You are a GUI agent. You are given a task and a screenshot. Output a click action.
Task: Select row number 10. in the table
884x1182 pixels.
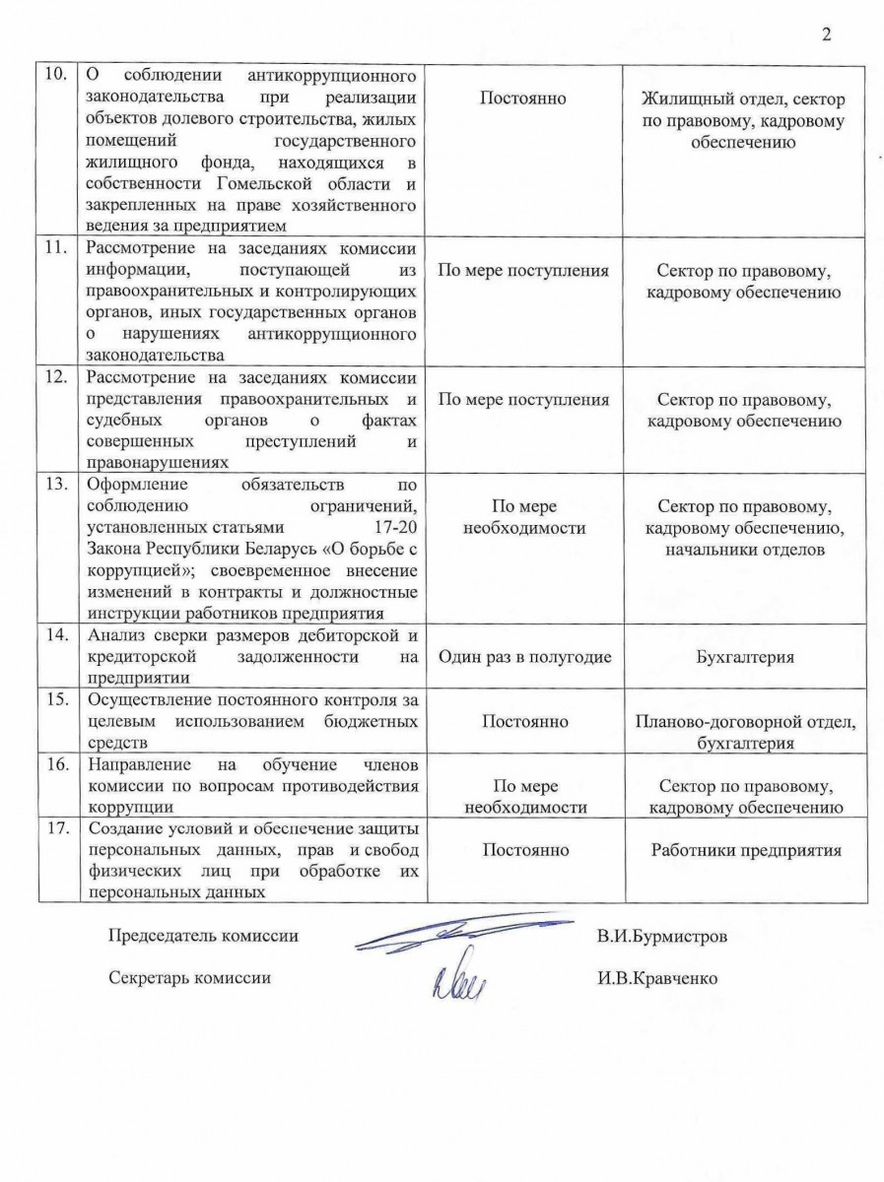(58, 76)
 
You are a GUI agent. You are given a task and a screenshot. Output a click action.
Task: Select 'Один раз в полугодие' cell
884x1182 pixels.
(524, 657)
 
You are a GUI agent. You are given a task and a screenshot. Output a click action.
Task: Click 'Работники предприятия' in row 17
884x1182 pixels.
(746, 850)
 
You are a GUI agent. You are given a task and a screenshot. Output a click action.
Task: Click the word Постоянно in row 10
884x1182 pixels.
(524, 99)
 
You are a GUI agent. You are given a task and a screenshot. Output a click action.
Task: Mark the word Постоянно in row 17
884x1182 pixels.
(524, 850)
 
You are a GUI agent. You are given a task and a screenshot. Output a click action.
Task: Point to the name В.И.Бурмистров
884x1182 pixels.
(661, 937)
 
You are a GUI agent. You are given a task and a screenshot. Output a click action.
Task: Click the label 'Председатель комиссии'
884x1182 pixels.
(202, 937)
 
